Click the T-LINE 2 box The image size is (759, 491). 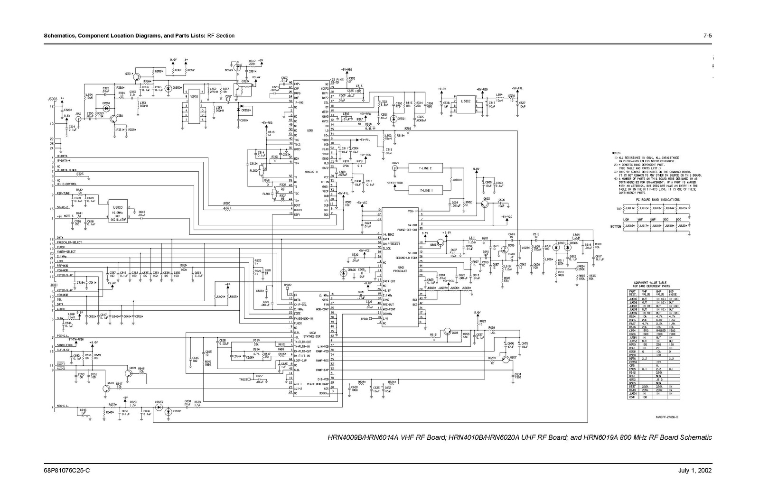coord(426,168)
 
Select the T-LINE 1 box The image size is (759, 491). coord(426,190)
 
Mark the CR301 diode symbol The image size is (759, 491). coord(393,119)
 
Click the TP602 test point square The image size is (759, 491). coord(287,289)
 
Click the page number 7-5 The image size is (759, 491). coord(707,36)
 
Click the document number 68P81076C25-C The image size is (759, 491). coord(67,471)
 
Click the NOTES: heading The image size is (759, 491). coord(616,153)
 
